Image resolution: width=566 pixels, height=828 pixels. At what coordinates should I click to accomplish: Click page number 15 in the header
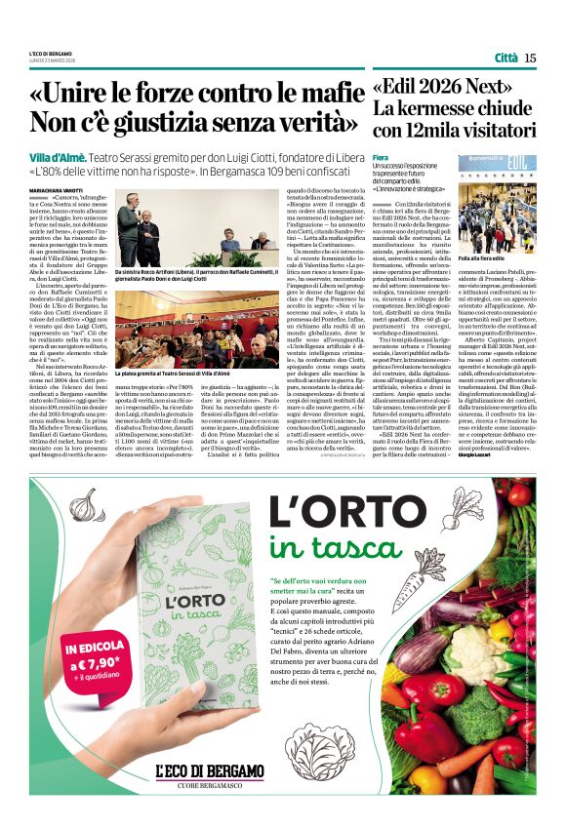(530, 58)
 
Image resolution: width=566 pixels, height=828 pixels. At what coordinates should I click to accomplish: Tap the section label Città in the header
(505, 58)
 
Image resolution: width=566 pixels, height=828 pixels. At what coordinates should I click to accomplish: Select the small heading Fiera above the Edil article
(381, 156)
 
